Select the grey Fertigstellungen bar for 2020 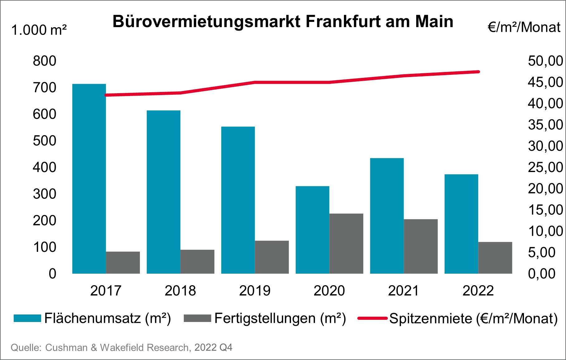point(346,243)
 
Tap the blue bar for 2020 point(312,230)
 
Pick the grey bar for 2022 point(495,258)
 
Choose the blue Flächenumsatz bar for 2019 point(238,200)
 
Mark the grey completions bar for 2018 point(197,262)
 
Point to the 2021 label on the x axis point(403,291)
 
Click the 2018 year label point(180,291)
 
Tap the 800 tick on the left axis point(45,61)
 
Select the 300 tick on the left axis point(45,194)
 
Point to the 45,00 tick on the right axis point(545,82)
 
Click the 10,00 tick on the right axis point(545,231)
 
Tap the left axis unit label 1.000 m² point(39,30)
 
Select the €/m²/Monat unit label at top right point(524,27)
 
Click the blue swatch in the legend point(27,318)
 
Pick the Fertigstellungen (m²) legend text point(280,318)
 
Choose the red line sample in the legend point(372,318)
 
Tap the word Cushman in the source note point(66,348)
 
